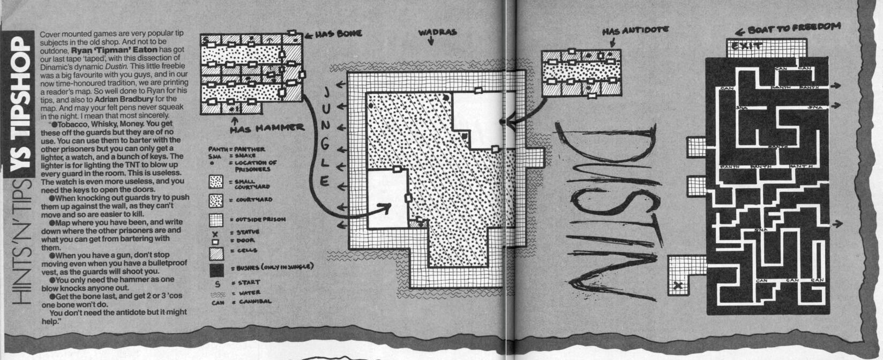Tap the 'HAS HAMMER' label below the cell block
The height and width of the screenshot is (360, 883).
click(267, 128)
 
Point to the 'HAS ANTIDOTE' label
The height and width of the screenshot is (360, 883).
click(634, 31)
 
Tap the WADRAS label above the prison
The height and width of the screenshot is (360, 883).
click(437, 33)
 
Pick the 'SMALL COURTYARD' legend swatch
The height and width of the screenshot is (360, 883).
click(216, 182)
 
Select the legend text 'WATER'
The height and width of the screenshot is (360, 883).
click(250, 293)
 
